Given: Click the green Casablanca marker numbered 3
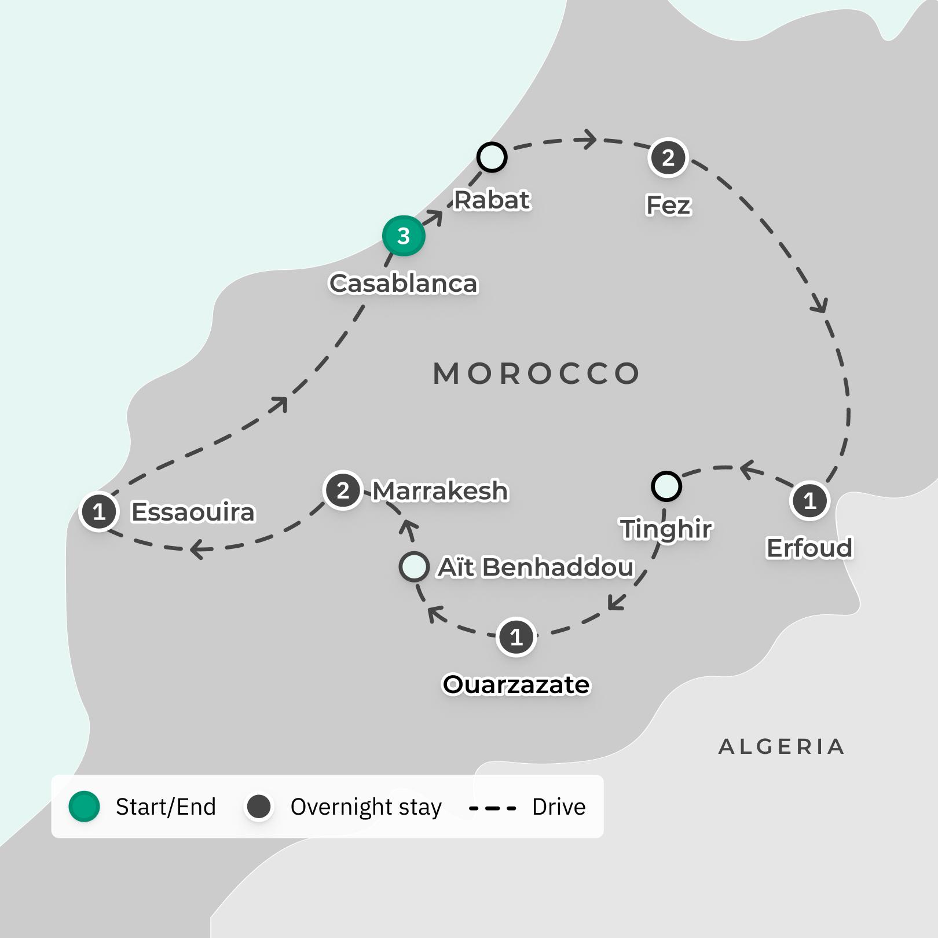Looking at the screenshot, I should [x=404, y=236].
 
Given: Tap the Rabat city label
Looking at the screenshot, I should [x=492, y=200].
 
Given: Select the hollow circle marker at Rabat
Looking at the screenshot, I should [x=492, y=157].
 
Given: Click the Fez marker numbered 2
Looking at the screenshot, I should [x=668, y=157].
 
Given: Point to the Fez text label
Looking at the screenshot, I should [x=668, y=205].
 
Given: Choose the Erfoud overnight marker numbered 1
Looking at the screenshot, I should [x=809, y=500].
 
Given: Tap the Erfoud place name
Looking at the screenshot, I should [x=809, y=548].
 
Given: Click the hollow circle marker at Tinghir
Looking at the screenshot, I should [x=666, y=486].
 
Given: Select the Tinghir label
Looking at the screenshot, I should [x=666, y=529].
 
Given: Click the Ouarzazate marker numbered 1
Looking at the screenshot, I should [x=516, y=637].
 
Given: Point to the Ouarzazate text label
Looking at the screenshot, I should [x=516, y=684].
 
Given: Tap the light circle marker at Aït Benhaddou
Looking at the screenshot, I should [x=414, y=567].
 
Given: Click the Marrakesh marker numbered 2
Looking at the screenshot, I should [x=343, y=490].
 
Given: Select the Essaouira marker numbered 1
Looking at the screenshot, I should [x=99, y=512].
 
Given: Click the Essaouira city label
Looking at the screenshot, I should [x=193, y=512].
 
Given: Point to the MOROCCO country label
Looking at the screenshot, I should [x=537, y=373].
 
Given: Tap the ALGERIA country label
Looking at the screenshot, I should [x=782, y=747].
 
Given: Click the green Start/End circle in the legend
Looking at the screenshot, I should [x=85, y=807].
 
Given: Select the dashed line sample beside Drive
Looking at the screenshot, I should [x=492, y=808].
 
